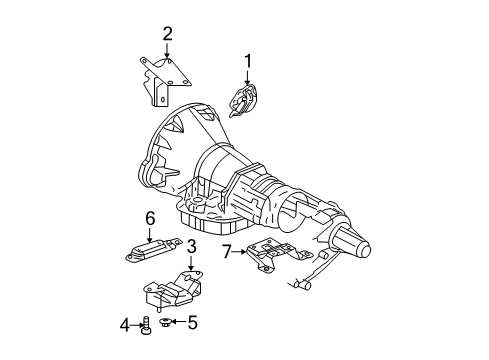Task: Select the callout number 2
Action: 167,33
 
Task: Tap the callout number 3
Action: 190,247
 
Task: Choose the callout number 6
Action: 150,218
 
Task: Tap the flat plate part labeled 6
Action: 150,250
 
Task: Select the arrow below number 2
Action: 167,50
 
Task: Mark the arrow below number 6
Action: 150,233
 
